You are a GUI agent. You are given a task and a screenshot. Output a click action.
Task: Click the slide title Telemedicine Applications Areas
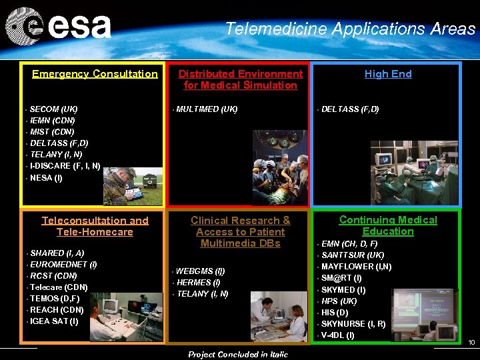(350, 29)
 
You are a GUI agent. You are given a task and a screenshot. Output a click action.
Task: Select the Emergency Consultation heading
(95, 74)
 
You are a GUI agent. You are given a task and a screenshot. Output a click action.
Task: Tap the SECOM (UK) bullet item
(53, 109)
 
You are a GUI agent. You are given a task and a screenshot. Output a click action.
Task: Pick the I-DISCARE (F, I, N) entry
(65, 166)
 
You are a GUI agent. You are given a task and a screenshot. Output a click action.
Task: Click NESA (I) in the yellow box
(46, 178)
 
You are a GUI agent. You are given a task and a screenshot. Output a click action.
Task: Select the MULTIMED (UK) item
(207, 109)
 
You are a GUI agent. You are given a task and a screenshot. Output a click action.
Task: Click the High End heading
(388, 74)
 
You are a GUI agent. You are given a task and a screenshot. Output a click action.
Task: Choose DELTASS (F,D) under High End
(350, 109)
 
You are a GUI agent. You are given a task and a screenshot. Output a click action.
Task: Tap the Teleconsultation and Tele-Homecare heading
(95, 226)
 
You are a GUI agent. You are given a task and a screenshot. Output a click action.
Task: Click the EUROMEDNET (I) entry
(63, 265)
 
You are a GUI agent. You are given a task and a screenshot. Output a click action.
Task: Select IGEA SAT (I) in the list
(54, 321)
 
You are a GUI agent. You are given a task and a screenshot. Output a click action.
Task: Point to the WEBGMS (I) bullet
(200, 271)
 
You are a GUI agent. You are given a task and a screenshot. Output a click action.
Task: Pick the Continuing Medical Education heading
(388, 225)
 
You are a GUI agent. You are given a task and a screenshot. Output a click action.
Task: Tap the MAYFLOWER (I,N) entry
(356, 267)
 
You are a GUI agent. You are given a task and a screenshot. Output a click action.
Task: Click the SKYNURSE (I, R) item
(353, 323)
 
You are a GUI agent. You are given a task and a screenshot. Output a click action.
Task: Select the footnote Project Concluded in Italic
(238, 354)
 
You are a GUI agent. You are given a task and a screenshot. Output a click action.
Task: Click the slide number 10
(471, 343)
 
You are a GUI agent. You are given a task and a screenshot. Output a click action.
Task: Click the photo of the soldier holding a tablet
(132, 186)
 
